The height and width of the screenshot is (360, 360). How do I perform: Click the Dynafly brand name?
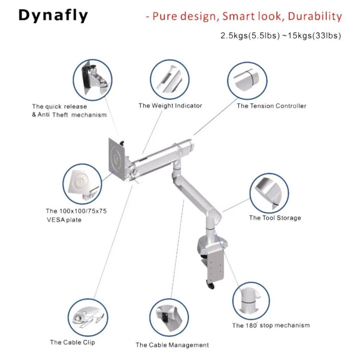tap(53, 16)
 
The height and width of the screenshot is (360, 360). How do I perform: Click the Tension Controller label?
tap(271, 106)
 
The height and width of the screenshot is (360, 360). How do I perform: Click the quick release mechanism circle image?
tap(93, 79)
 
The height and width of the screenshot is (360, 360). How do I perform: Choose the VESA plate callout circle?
tap(82, 184)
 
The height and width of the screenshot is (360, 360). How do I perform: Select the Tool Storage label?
tap(275, 218)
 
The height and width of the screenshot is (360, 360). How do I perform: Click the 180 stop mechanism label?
tap(271, 325)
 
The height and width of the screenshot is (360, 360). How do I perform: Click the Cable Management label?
tap(172, 345)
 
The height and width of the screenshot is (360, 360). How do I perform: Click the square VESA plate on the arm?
tap(116, 159)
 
